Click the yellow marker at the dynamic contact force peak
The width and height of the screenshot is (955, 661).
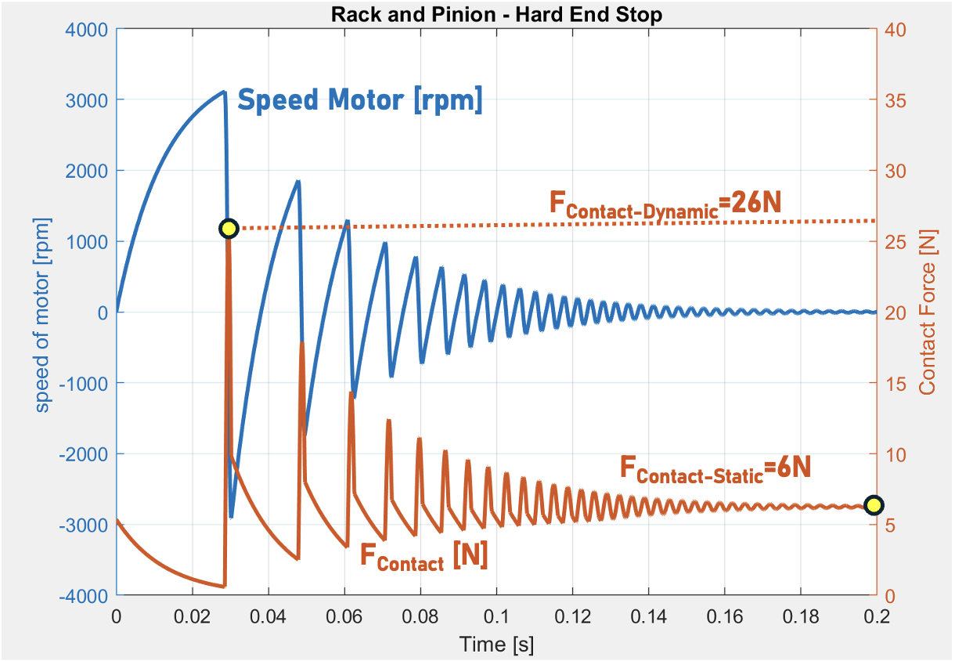228,229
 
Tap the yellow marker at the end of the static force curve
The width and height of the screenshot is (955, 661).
874,505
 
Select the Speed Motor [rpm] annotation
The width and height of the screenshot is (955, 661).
360,101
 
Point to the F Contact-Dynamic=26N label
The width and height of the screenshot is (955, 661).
665,205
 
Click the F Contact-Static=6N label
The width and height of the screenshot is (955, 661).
715,468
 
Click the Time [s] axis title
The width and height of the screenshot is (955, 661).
496,645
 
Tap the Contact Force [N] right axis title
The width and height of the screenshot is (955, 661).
928,313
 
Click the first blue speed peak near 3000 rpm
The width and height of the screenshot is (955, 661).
224,92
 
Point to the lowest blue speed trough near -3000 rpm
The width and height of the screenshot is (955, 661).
231,516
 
